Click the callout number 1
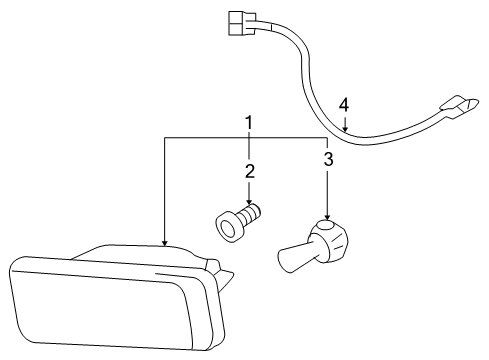pos(249,122)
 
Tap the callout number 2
pos(249,170)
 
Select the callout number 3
pos(327,158)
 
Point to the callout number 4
pos(344,104)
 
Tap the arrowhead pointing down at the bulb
pos(327,220)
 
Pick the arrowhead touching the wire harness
pos(344,130)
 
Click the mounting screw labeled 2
pos(238,221)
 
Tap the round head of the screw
pos(228,225)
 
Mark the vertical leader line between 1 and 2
pos(249,147)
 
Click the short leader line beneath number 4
pos(344,120)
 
